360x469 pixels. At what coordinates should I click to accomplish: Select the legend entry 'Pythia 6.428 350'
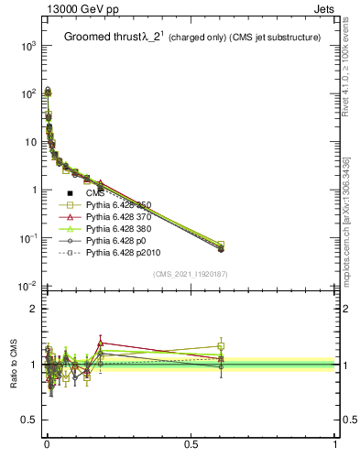pyautogui.click(x=119, y=205)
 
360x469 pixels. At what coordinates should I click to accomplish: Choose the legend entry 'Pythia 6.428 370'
pyautogui.click(x=119, y=217)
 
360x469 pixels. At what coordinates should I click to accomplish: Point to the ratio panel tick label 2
pyautogui.click(x=33, y=309)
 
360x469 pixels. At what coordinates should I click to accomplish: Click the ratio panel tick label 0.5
pyautogui.click(x=28, y=420)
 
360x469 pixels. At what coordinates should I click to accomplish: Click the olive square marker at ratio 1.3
pyautogui.click(x=221, y=346)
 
